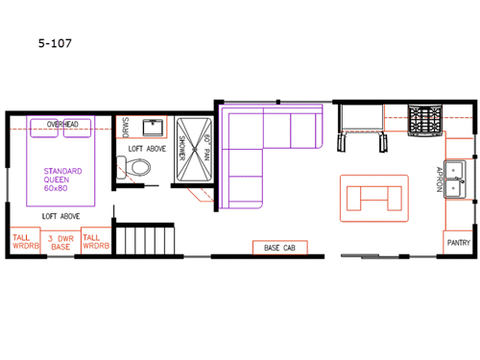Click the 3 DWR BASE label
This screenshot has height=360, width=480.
60,243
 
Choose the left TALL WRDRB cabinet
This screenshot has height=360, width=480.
24,243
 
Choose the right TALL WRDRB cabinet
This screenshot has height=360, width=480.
95,243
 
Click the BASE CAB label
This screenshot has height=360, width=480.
278,248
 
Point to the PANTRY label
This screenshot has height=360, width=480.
458,243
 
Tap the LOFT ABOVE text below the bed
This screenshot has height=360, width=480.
60,217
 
